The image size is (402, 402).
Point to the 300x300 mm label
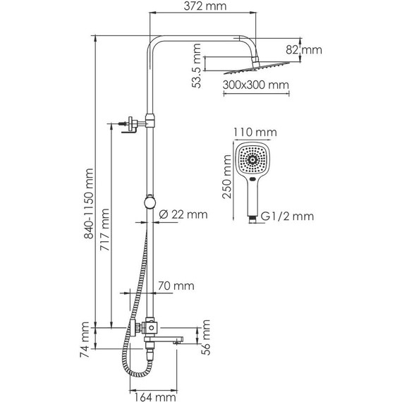point(256,85)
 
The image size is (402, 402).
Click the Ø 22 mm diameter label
point(182,214)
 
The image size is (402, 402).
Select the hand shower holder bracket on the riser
point(129,123)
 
